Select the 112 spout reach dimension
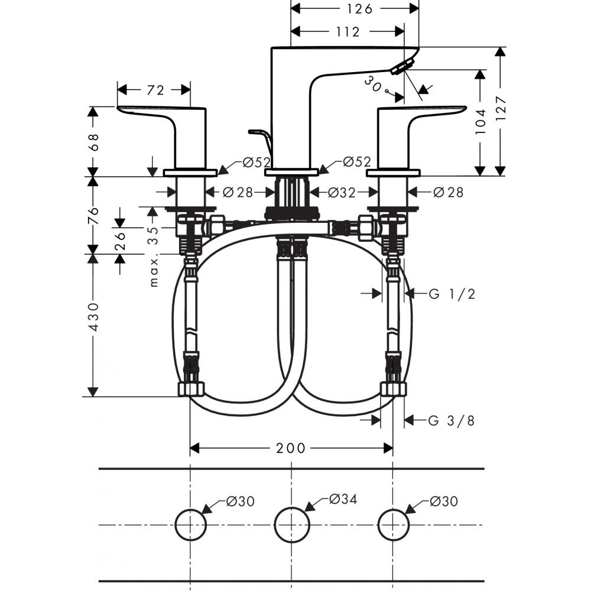[x=348, y=32]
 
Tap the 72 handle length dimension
[x=155, y=90]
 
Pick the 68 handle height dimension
[x=93, y=141]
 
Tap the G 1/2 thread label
[x=452, y=293]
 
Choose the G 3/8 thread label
[x=452, y=420]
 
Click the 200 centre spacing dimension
[x=291, y=449]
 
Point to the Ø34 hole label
[x=343, y=500]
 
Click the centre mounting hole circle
[x=292, y=524]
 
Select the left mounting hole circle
[x=190, y=524]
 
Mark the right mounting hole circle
[x=393, y=524]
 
